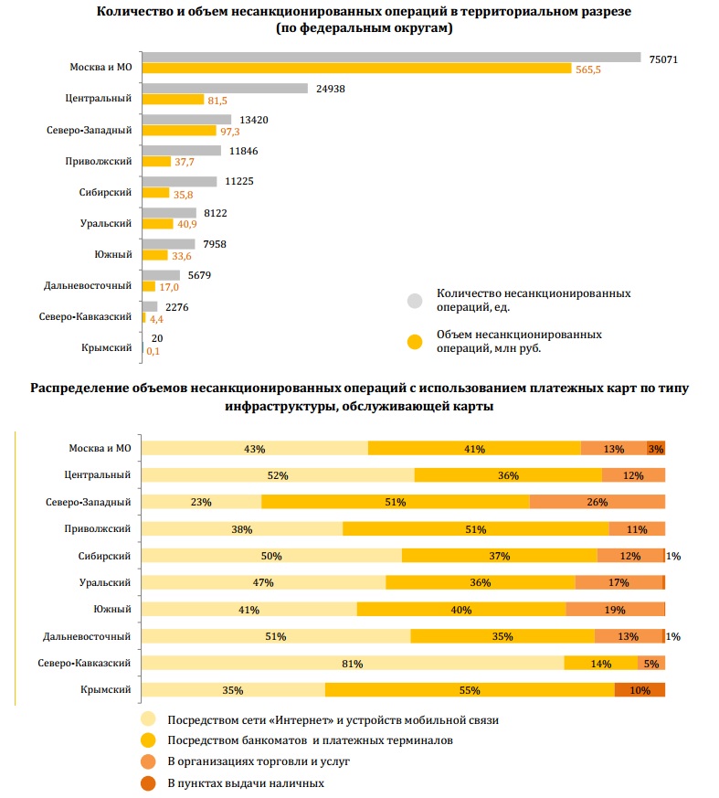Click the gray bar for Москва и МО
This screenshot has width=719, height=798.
coord(391,57)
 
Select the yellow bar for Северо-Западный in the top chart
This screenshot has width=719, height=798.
coord(186,132)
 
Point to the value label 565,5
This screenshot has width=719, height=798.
coord(588,69)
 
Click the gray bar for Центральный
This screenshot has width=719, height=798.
coord(225,89)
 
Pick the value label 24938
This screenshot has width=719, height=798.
coord(332,89)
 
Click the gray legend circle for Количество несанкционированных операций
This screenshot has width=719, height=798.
coord(415,300)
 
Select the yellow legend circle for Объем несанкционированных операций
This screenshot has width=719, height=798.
coord(415,341)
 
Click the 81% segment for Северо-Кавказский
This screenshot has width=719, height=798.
coord(354,664)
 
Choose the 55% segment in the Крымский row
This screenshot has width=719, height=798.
coord(470,690)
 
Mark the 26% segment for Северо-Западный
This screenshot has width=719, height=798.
coord(597,502)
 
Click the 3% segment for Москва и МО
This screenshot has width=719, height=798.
coord(656,448)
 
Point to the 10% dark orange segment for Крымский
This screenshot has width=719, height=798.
coord(640,690)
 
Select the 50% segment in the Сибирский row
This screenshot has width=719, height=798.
coord(272,556)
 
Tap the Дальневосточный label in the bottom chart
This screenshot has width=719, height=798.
coord(88,636)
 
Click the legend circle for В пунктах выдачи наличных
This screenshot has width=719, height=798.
coord(148,782)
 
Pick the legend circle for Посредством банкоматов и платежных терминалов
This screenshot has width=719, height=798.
coord(148,739)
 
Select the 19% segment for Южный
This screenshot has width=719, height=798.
coord(615,610)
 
